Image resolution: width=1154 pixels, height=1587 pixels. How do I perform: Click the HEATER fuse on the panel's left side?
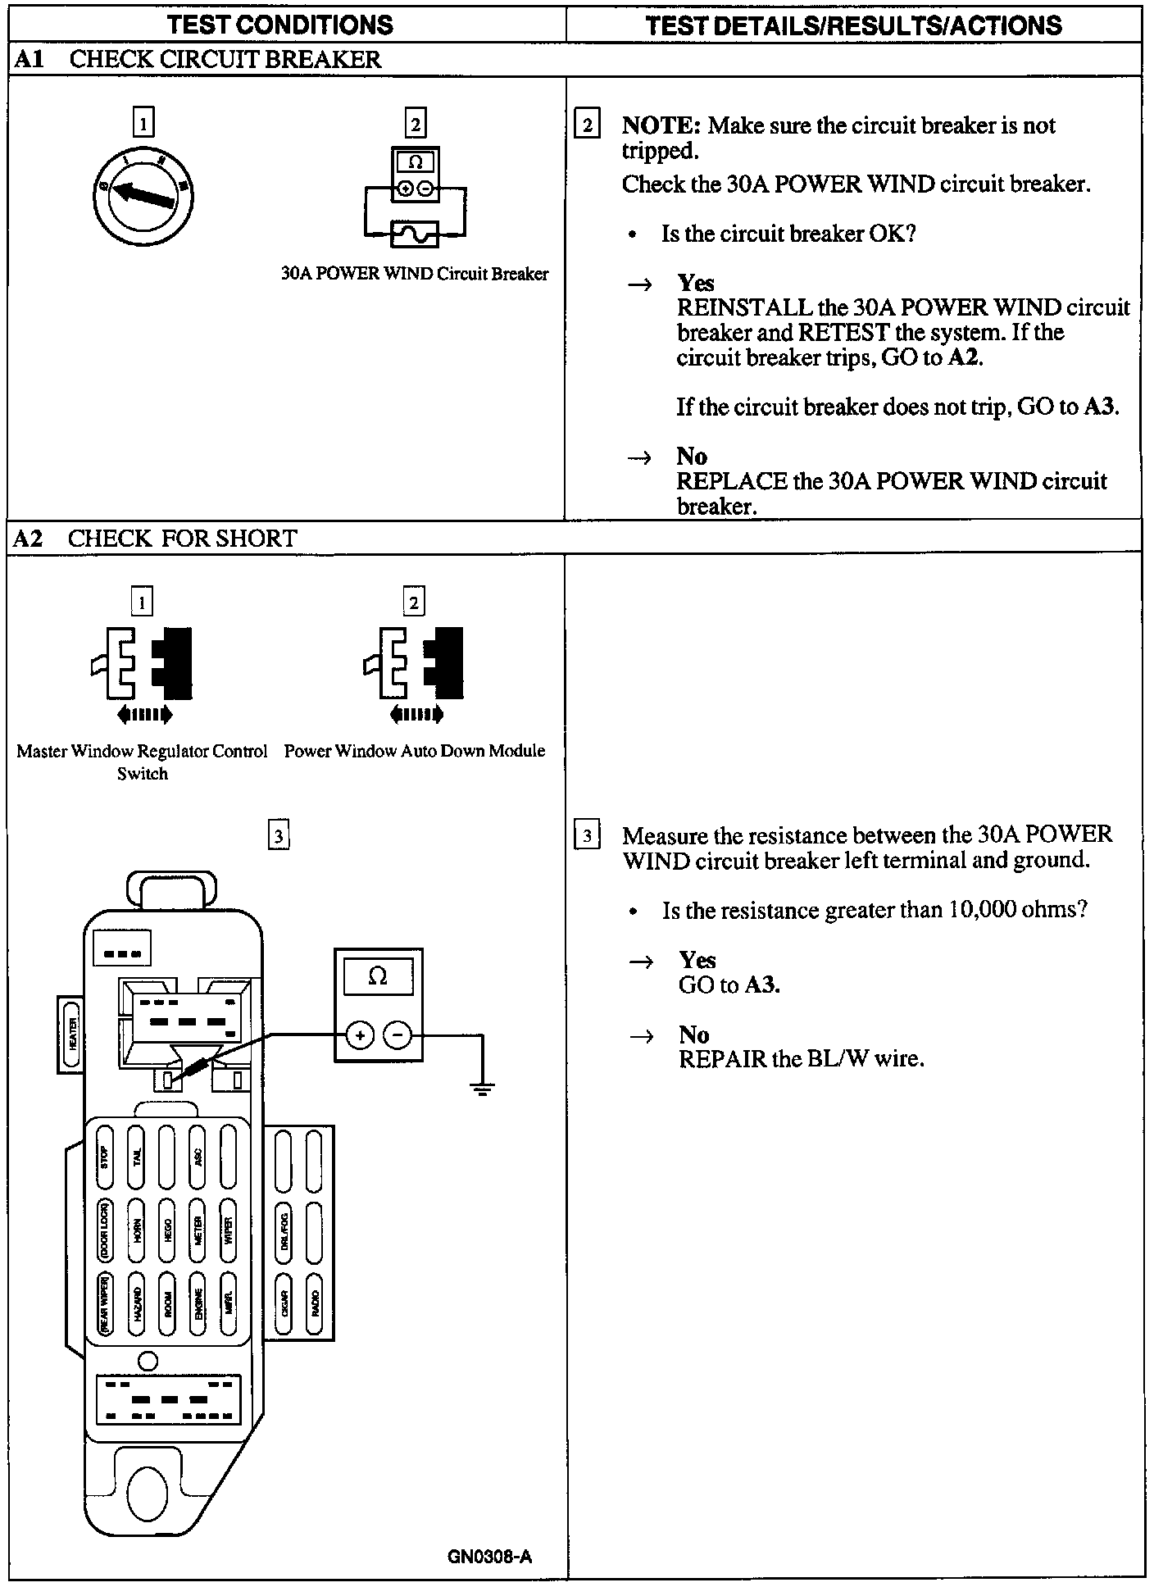coord(72,1034)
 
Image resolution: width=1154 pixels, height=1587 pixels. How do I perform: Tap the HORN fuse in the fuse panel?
coord(137,1230)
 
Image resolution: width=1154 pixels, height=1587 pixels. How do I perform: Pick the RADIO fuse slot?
coord(315,1302)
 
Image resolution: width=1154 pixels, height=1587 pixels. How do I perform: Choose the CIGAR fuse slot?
coord(284,1302)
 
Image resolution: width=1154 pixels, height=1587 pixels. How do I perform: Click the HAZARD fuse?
coord(137,1302)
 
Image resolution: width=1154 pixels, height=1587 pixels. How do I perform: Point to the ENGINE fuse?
coord(198,1302)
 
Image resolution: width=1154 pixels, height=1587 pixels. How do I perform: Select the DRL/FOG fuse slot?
coord(284,1230)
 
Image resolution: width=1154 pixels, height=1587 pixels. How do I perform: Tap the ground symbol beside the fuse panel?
coord(483,1089)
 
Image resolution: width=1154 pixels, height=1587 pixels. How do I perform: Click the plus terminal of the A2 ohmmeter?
coord(359,1036)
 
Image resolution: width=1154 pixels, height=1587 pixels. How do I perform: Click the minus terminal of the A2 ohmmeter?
coord(398,1036)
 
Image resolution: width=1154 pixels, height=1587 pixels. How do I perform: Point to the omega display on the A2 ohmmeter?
coord(378,976)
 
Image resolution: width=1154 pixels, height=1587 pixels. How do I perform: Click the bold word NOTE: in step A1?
coord(661,125)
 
